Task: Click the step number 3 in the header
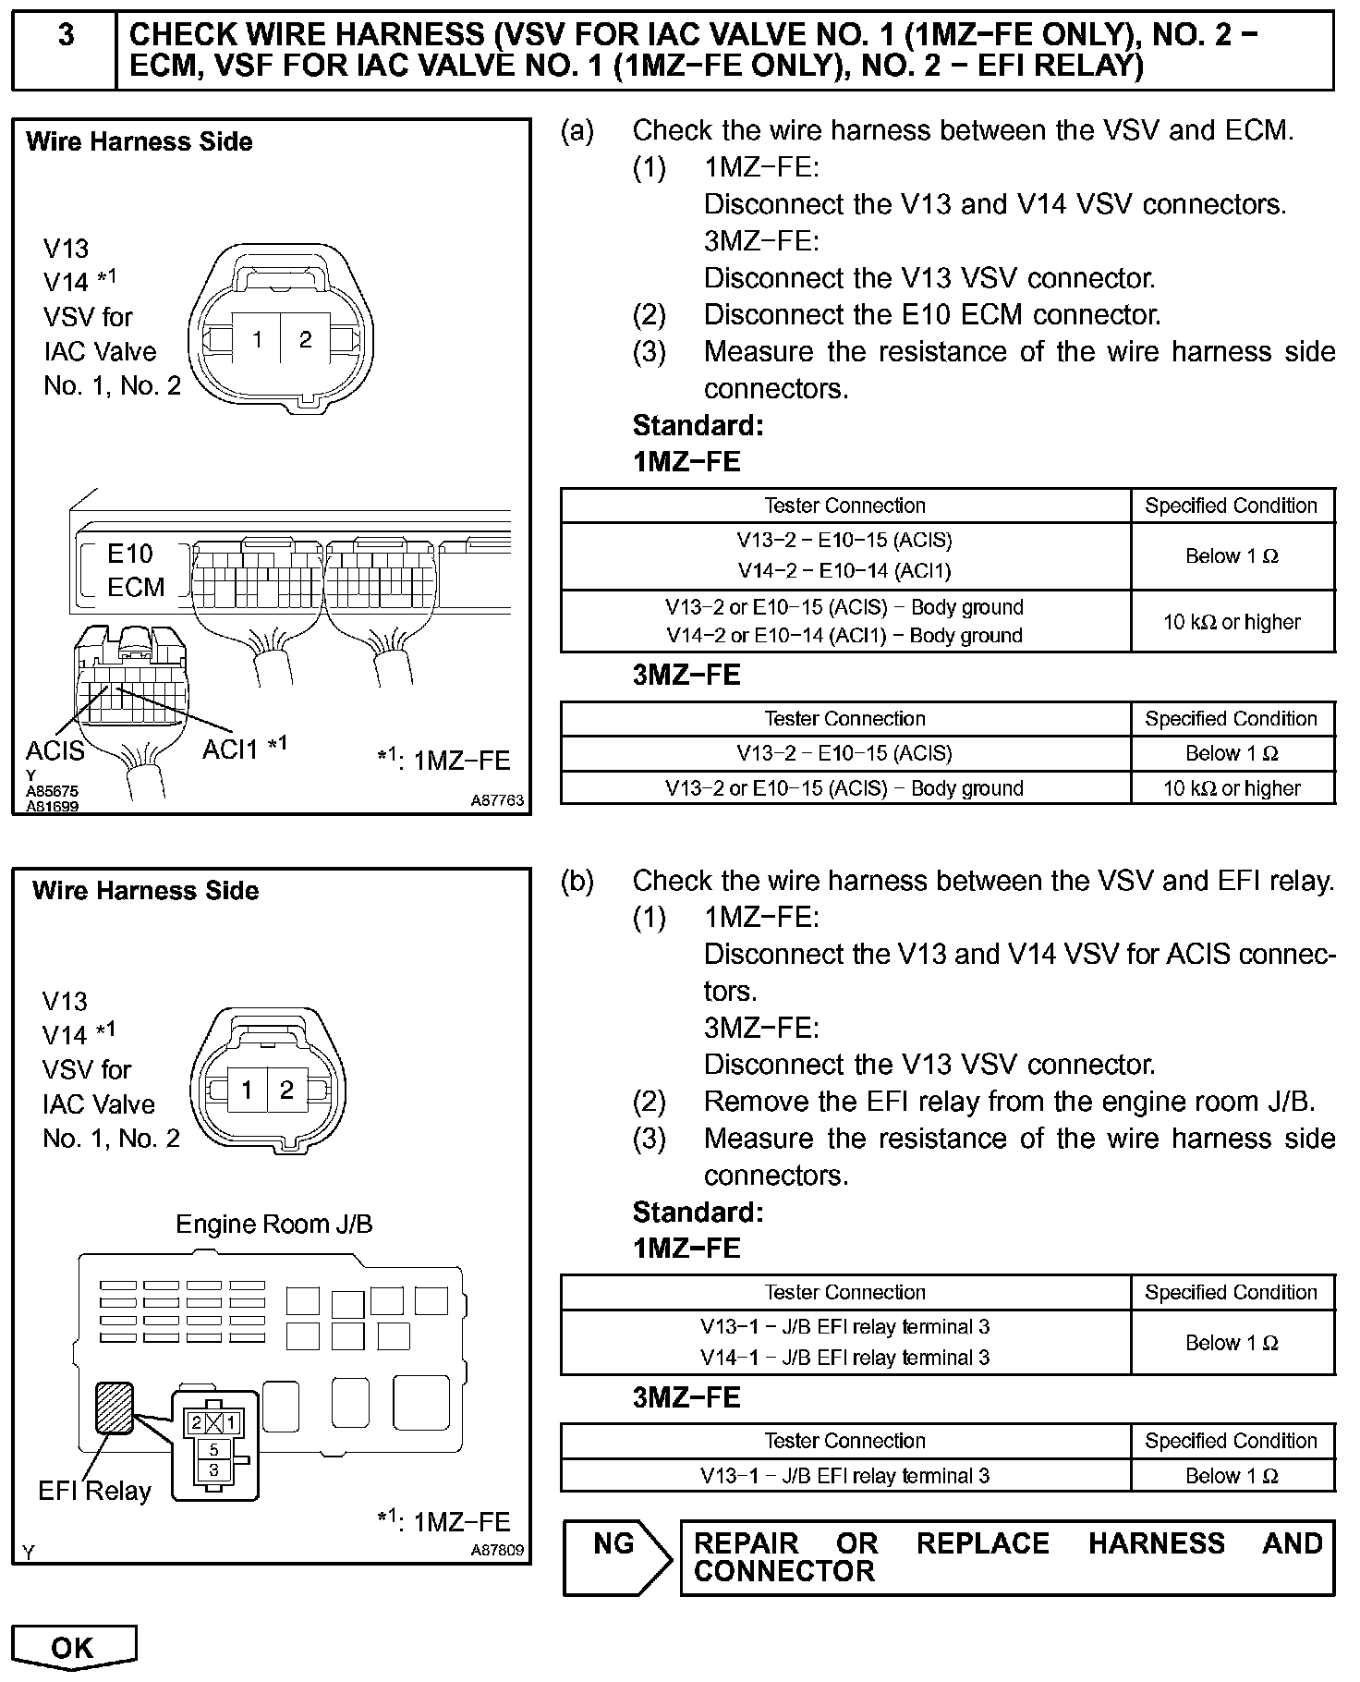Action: (x=66, y=35)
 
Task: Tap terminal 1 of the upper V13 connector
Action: (x=258, y=340)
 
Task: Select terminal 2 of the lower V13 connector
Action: (x=286, y=1091)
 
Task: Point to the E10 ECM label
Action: (x=135, y=570)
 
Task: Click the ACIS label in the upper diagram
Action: (x=55, y=750)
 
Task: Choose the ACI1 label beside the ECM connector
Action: (x=231, y=749)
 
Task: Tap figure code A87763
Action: (x=497, y=801)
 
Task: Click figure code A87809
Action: (x=497, y=1550)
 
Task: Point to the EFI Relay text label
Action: (x=94, y=1491)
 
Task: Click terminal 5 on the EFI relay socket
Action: (x=214, y=1450)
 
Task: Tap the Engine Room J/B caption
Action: (x=274, y=1225)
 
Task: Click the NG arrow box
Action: (x=615, y=1557)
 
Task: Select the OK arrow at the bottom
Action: (x=73, y=1647)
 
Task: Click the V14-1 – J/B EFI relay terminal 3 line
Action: (x=844, y=1358)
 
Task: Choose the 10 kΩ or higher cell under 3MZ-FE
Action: (x=1232, y=788)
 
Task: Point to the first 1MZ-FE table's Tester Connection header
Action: (x=844, y=506)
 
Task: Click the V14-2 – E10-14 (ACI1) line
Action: (x=844, y=571)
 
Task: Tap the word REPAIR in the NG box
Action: (x=746, y=1543)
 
